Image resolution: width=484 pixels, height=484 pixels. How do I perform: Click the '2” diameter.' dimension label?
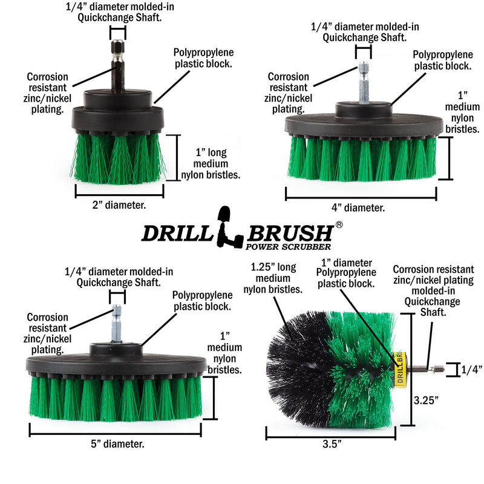pos(119,205)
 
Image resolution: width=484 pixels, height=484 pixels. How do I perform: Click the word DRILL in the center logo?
pos(178,234)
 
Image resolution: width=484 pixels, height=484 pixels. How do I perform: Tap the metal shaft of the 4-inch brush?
pos(363,85)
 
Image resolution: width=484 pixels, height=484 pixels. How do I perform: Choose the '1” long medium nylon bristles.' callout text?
pos(211,163)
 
